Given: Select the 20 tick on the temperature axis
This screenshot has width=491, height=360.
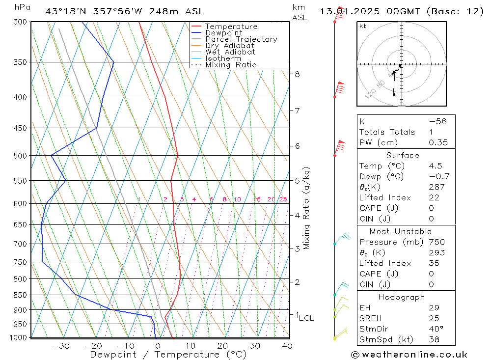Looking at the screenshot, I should click(222, 346).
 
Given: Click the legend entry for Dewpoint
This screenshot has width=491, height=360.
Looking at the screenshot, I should click(223, 33).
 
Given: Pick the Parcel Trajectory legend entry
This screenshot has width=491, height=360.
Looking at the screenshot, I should click(241, 39).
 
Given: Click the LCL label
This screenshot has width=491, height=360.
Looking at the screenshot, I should click(306, 318).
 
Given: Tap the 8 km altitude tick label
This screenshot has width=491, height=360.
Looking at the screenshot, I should click(297, 74).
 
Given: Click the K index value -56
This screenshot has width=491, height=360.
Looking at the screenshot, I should click(437, 121).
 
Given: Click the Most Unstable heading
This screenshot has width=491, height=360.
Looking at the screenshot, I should click(401, 231).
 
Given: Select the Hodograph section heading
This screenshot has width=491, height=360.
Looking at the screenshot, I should click(401, 297).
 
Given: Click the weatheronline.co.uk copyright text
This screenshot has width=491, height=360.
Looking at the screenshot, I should click(409, 355).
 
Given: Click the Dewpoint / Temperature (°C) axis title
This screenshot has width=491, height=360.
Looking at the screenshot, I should click(168, 355).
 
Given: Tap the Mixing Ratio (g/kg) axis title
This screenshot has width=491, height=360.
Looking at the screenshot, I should click(307, 208).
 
